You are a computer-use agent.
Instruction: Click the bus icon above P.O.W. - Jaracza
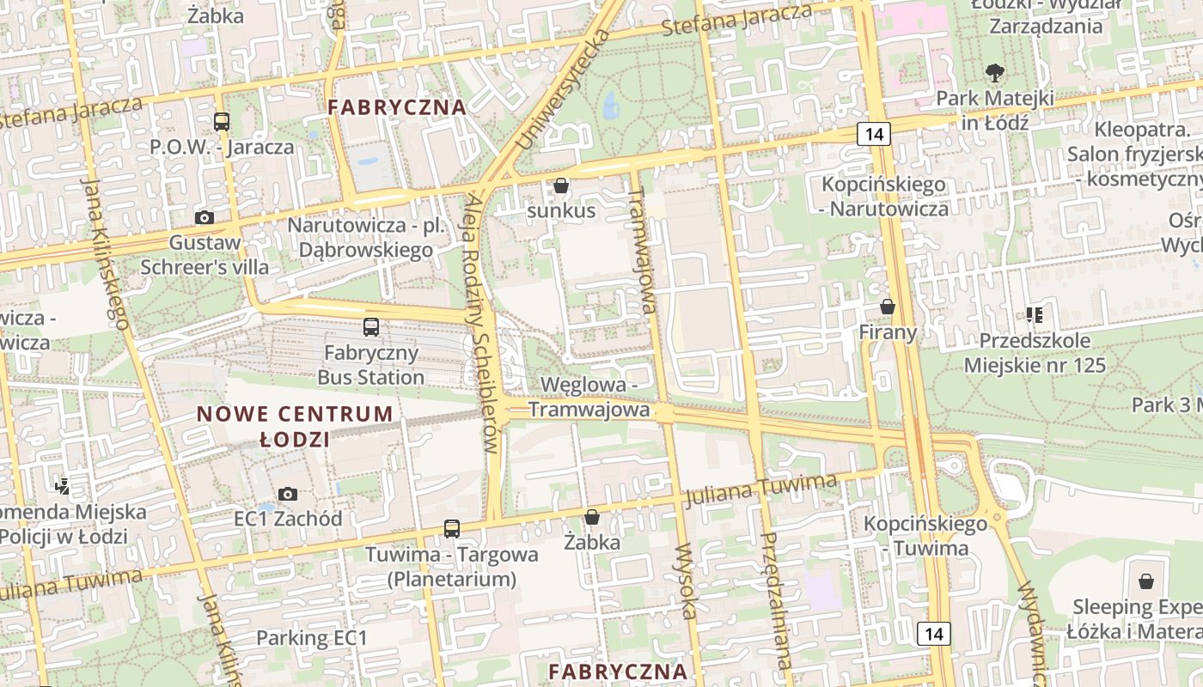222,122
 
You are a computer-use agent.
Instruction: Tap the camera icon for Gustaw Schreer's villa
205,218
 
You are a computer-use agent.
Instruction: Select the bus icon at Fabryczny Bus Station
371,327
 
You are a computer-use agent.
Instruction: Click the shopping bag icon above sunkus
561,185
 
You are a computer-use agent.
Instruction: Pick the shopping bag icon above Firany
888,307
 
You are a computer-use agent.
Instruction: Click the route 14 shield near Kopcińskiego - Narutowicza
874,134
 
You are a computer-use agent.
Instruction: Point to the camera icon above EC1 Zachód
288,495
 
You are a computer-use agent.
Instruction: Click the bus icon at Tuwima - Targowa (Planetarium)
452,529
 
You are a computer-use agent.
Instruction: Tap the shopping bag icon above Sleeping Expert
1145,582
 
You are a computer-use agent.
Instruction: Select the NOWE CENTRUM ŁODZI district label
295,427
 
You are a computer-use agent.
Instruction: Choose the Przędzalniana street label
777,600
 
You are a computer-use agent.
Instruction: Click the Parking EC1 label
312,638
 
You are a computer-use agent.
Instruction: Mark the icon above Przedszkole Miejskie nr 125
1035,315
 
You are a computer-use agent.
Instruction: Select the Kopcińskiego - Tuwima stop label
926,536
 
